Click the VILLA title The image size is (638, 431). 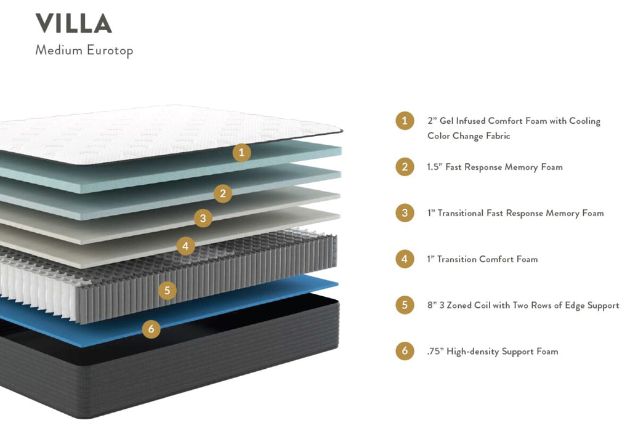[73, 23]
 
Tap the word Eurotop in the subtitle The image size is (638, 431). [109, 50]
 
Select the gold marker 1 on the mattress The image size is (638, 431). [241, 152]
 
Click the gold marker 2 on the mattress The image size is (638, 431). [223, 194]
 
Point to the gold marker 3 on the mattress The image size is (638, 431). [203, 217]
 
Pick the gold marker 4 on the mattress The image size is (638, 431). [185, 246]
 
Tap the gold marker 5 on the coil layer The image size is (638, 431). [166, 289]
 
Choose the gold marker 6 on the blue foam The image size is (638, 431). [151, 329]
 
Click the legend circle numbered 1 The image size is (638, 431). [405, 121]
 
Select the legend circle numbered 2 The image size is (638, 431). [405, 167]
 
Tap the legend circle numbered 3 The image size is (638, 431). [405, 213]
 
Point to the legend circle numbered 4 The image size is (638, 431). [405, 259]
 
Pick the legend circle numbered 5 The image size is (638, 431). [405, 305]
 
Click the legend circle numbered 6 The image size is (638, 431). [405, 352]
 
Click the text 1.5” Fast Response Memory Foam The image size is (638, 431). [495, 167]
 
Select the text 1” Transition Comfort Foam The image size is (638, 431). [482, 259]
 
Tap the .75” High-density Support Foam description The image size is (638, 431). [492, 352]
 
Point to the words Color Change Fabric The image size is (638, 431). [469, 136]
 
